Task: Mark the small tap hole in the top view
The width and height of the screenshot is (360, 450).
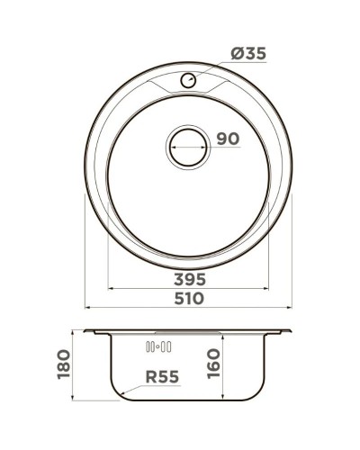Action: (188, 81)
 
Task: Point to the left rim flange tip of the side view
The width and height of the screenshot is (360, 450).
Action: (88, 334)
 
